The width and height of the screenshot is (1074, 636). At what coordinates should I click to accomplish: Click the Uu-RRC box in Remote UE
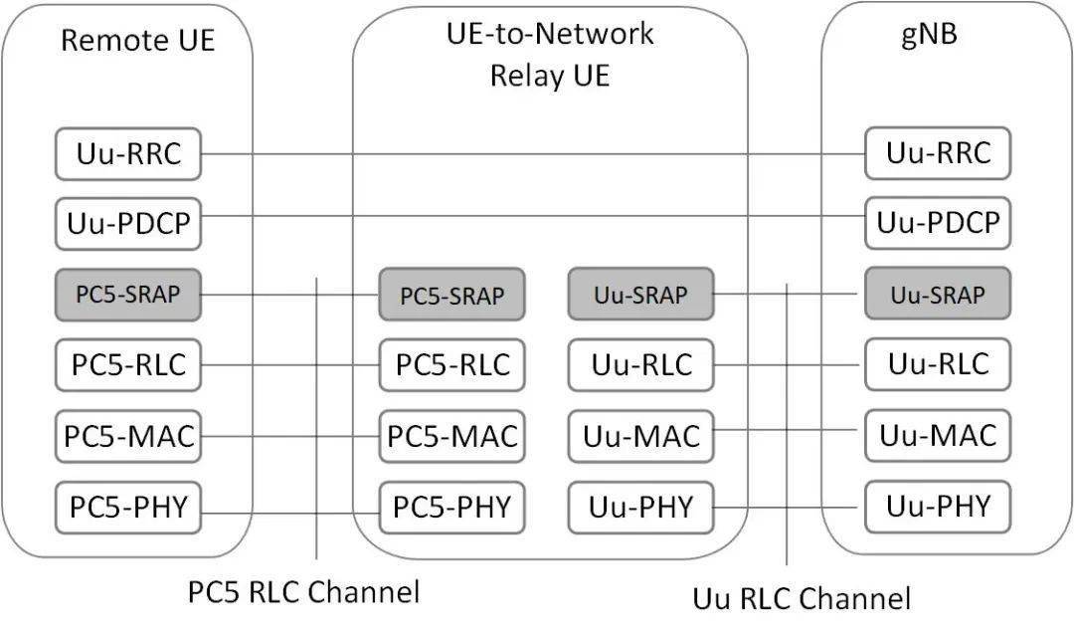[127, 154]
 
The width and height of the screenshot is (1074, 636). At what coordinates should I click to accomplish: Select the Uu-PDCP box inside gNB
[938, 223]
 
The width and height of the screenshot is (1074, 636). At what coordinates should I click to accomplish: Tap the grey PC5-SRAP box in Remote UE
[127, 294]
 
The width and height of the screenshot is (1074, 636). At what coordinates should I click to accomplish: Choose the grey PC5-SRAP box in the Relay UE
[451, 295]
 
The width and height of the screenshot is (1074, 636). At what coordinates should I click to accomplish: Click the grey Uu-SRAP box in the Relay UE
[640, 295]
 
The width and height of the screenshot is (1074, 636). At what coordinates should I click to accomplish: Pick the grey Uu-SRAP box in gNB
[938, 295]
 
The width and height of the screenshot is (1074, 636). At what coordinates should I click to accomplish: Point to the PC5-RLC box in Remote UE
[127, 364]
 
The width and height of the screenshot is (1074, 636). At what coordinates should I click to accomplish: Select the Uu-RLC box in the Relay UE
[640, 365]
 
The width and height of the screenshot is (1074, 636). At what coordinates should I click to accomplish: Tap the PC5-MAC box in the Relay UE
[451, 436]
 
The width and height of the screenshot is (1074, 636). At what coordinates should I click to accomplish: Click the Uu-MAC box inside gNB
[938, 435]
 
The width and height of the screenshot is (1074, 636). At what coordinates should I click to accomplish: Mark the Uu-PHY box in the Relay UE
[640, 507]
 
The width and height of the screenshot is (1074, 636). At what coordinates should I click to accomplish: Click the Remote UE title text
[137, 40]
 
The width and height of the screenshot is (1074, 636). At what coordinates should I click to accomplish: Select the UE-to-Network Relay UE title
[549, 54]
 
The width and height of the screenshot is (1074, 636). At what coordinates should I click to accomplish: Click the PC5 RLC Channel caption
[303, 592]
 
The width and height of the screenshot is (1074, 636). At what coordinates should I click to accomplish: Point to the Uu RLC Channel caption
[801, 598]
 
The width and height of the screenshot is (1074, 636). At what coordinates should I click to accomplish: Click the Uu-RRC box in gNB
[938, 153]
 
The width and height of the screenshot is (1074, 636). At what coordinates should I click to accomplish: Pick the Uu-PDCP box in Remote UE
[127, 224]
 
